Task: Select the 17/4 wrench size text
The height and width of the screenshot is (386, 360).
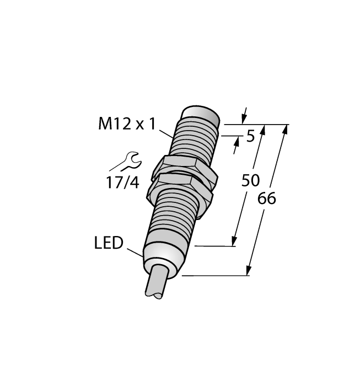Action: [122, 183]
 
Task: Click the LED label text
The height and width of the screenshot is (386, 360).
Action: [109, 243]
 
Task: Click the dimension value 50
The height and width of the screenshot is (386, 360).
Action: [251, 180]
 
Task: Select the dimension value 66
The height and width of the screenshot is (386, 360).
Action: [267, 198]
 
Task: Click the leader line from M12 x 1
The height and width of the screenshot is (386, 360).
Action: [167, 134]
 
